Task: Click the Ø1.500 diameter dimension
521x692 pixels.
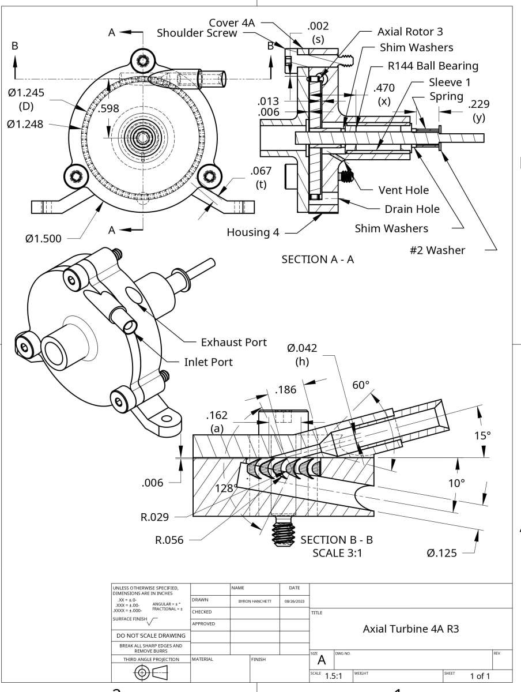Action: coord(44,238)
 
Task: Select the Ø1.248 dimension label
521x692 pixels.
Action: coord(25,123)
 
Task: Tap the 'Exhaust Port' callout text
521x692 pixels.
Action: coord(233,343)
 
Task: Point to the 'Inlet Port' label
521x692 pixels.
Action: coord(208,362)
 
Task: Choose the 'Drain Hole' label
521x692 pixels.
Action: coord(412,209)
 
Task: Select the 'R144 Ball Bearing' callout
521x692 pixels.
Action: coord(433,66)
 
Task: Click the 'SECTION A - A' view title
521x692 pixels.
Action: coord(318,259)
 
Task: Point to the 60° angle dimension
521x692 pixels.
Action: coord(361,385)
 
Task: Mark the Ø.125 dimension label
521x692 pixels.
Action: coord(442,553)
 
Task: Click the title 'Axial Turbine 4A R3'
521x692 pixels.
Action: coord(410,629)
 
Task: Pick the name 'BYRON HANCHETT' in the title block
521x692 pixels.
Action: coord(255,601)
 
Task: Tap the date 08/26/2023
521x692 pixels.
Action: coord(294,601)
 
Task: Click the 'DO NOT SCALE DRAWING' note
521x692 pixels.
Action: coord(150,635)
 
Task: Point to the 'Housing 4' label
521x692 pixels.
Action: coord(252,232)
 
